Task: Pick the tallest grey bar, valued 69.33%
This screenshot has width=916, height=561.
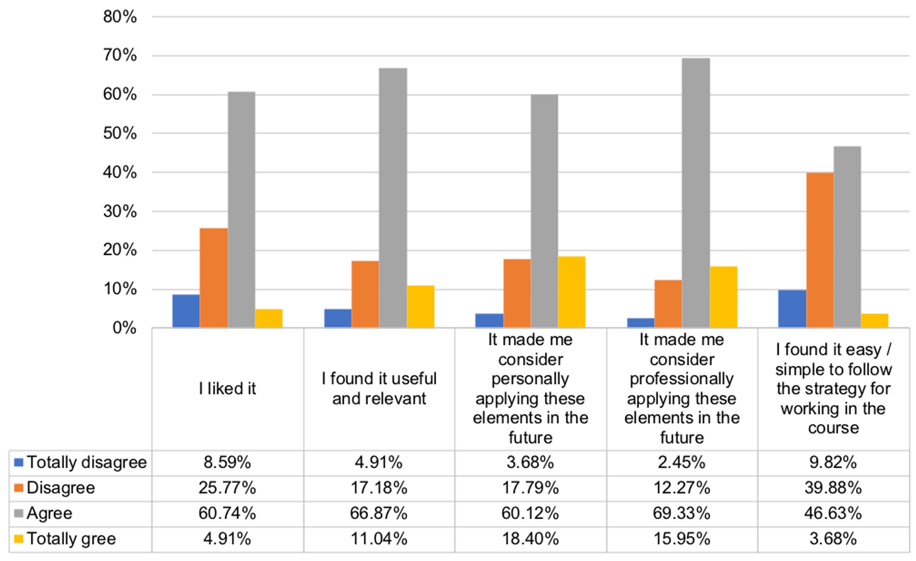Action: [x=695, y=193]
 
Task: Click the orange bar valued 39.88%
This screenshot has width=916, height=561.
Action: [x=819, y=250]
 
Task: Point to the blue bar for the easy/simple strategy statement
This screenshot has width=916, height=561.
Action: [x=792, y=308]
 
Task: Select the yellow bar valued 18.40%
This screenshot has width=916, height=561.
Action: [x=571, y=292]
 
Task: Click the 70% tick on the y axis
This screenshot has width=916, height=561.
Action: [x=120, y=56]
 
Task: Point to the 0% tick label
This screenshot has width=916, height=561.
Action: [x=125, y=328]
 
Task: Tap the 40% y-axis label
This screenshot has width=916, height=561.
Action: [x=120, y=173]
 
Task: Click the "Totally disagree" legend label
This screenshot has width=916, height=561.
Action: [x=87, y=463]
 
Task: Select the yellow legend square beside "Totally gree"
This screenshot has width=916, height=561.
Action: [x=18, y=539]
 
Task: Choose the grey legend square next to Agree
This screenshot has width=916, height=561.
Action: [x=18, y=514]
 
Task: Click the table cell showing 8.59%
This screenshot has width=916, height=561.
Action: [x=227, y=463]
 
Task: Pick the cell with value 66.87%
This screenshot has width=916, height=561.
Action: [x=379, y=514]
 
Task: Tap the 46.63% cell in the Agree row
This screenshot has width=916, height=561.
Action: [x=833, y=514]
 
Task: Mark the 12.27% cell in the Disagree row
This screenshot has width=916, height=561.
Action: [x=682, y=488]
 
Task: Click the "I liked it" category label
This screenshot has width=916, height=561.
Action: [x=227, y=389]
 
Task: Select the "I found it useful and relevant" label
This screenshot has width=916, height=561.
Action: [x=379, y=388]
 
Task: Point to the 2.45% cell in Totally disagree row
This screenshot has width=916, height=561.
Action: [x=682, y=463]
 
